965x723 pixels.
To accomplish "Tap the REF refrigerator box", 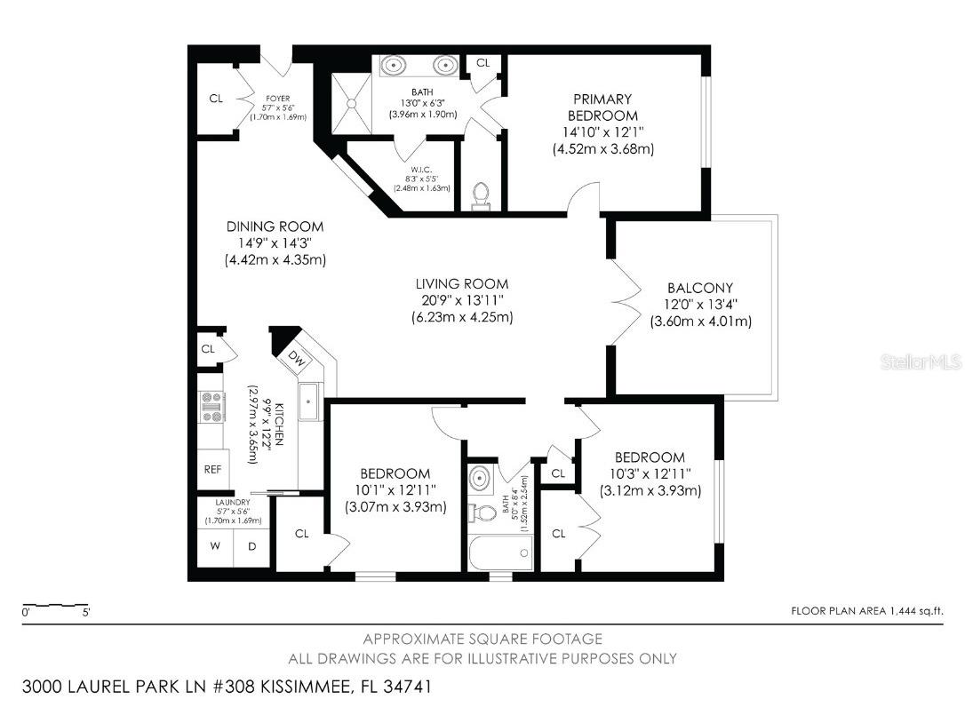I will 213,469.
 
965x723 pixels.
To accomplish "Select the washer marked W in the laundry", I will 215,546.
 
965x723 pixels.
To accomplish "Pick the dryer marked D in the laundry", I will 251,546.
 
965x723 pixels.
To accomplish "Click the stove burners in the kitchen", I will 212,407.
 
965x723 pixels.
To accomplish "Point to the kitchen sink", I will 310,400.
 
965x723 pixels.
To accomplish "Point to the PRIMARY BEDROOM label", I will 603,107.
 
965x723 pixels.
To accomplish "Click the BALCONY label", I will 700,288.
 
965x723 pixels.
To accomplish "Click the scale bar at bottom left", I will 55,607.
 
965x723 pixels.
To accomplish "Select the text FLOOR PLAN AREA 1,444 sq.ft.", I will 866,610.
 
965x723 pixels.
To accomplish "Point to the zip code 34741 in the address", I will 403,687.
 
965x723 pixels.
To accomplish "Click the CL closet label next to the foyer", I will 216,99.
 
